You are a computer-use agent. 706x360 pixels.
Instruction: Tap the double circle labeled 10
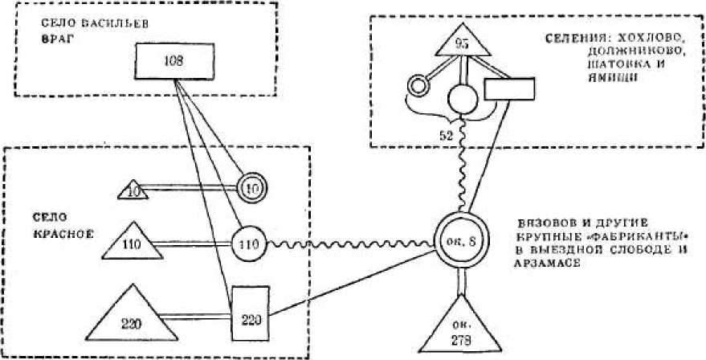pyautogui.click(x=253, y=188)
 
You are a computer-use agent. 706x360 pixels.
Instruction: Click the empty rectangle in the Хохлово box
pyautogui.click(x=509, y=88)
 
